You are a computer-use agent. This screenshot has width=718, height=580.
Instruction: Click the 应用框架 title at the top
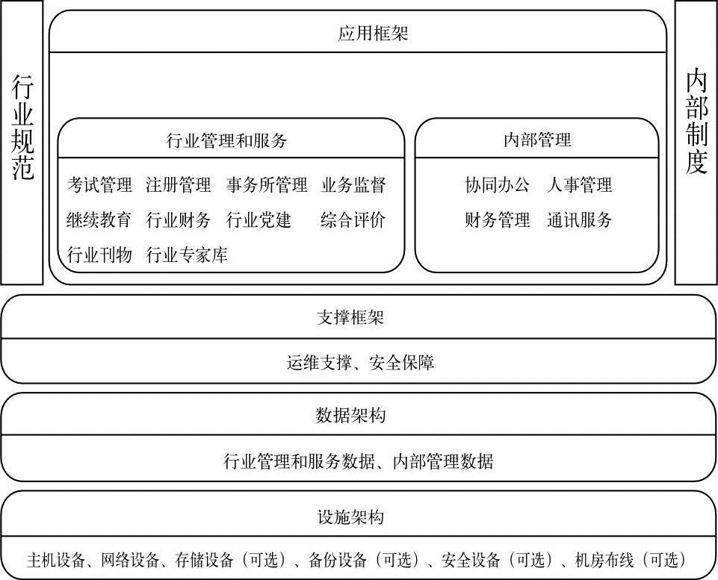373,34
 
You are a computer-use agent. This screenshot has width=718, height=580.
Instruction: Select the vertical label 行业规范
22,127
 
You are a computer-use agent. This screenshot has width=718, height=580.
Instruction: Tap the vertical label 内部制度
696,122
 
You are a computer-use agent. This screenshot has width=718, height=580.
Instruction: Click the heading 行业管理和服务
226,140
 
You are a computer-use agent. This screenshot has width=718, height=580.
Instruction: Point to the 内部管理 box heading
537,140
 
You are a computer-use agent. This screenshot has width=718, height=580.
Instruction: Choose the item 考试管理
99,185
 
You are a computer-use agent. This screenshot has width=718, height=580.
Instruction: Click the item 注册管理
179,185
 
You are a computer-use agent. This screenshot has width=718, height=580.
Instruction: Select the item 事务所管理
267,185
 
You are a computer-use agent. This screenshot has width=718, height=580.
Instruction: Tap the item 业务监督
353,185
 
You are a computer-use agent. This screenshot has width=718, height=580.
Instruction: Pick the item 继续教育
99,220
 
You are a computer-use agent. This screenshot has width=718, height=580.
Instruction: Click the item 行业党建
259,220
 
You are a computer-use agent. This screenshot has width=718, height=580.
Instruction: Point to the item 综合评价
353,220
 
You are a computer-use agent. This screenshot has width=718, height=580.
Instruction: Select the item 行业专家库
187,255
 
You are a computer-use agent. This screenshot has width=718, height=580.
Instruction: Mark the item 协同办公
498,185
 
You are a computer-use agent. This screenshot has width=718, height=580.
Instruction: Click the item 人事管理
579,185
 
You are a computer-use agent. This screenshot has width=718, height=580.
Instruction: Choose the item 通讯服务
579,220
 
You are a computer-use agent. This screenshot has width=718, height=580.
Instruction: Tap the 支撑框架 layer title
350,317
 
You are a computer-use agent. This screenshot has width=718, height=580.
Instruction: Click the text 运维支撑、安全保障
360,363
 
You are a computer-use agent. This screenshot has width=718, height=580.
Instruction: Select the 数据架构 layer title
350,415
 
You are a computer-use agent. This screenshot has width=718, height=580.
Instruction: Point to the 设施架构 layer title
350,517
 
